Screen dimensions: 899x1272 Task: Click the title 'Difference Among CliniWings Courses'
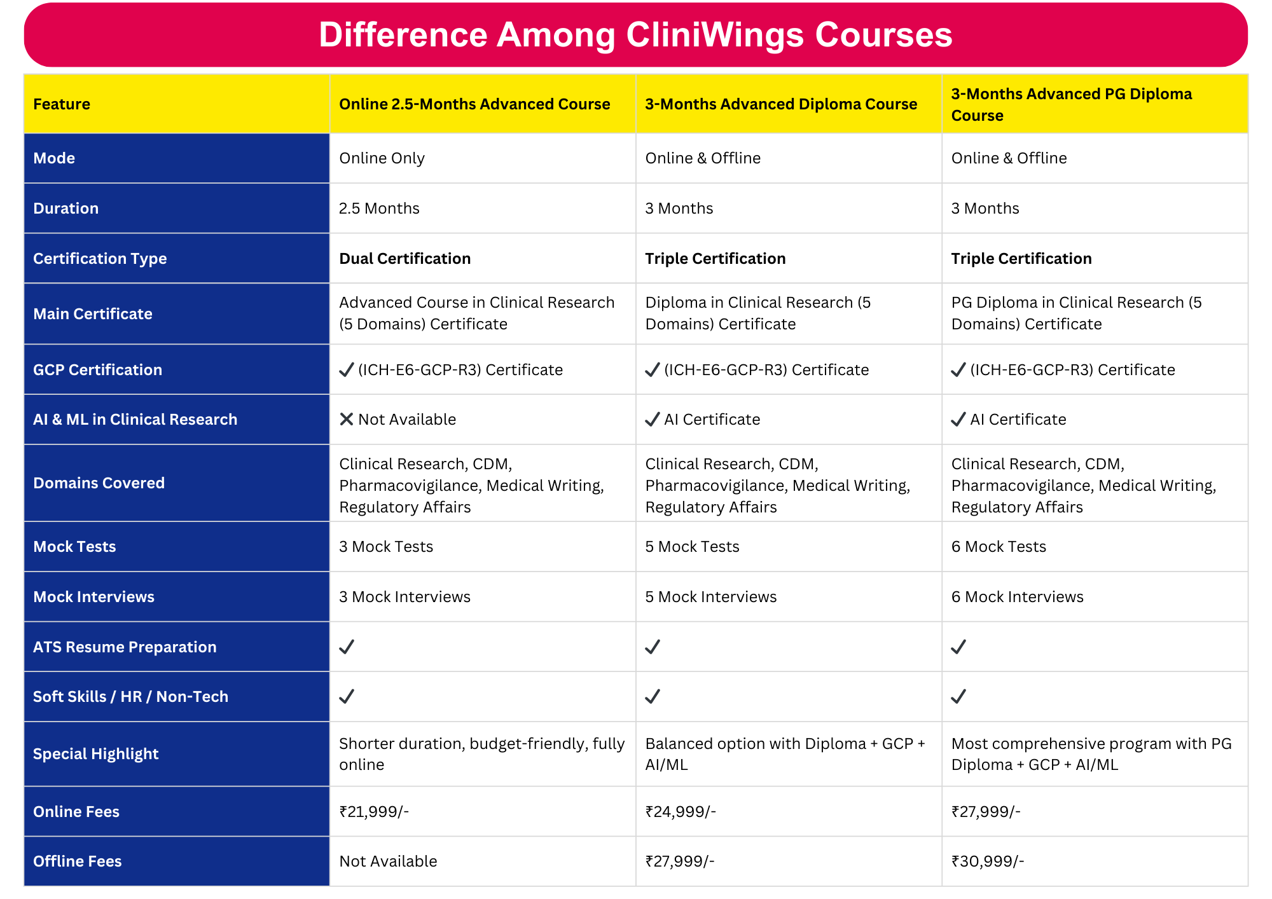click(x=635, y=35)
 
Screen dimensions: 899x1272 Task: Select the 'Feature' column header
click(x=62, y=104)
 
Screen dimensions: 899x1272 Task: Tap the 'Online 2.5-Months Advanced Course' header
click(x=474, y=104)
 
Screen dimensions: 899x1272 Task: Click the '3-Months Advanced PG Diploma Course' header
click(x=1071, y=105)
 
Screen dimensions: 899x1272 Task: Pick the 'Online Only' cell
click(x=382, y=158)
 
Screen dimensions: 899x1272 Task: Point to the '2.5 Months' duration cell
click(x=379, y=209)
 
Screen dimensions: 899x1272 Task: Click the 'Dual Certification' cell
click(x=404, y=259)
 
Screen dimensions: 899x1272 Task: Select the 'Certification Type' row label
click(x=100, y=259)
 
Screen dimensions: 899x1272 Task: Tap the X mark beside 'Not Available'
click(x=346, y=420)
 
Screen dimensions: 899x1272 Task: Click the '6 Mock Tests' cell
click(x=999, y=547)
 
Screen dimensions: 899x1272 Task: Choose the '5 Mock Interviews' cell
click(x=710, y=597)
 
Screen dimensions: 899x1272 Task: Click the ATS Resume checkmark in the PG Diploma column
click(x=958, y=647)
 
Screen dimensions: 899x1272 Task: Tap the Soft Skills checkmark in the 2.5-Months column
click(x=346, y=697)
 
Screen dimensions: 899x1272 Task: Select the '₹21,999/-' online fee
click(x=374, y=812)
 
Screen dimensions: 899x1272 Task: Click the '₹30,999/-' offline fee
click(x=987, y=861)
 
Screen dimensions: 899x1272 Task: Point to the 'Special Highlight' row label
click(x=95, y=754)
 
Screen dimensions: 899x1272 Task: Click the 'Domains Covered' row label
click(x=99, y=483)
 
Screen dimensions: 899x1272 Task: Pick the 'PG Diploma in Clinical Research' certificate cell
click(x=1076, y=313)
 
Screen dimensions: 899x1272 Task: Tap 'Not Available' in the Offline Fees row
click(x=388, y=861)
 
